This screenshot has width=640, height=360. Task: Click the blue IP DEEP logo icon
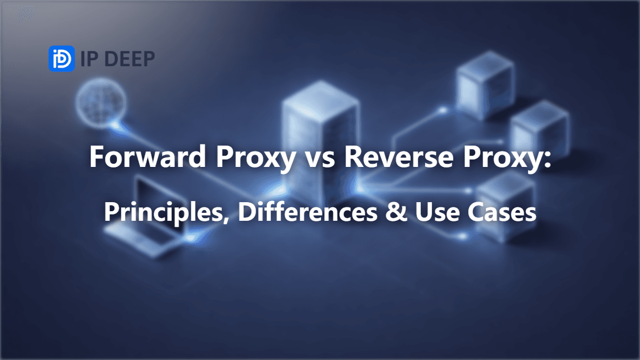tap(62, 59)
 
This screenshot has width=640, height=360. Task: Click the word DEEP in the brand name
tap(132, 59)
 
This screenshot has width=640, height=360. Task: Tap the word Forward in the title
tap(148, 157)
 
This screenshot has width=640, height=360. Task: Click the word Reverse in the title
tap(399, 157)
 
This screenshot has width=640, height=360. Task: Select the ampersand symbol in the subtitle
tap(396, 212)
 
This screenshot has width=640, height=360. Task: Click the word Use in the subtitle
tap(437, 212)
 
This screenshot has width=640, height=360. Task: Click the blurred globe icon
tap(101, 102)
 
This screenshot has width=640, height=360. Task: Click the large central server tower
tap(320, 143)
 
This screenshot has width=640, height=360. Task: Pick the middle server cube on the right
tap(539, 129)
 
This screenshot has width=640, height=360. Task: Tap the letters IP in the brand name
tap(91, 59)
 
